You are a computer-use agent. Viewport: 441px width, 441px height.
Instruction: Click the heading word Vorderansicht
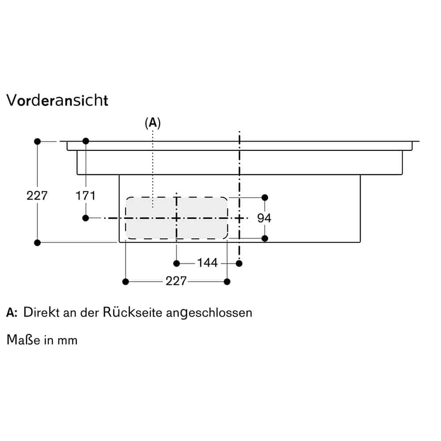tap(57, 100)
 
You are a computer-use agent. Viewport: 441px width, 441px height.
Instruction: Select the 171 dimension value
tap(86, 195)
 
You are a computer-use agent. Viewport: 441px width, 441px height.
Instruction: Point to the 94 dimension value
tap(265, 218)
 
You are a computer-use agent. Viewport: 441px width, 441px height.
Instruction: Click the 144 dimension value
tap(207, 263)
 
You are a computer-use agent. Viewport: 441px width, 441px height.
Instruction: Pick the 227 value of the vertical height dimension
tap(37, 195)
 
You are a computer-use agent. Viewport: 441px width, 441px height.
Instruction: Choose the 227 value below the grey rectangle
tap(176, 281)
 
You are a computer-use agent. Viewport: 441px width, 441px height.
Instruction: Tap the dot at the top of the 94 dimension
tap(265, 197)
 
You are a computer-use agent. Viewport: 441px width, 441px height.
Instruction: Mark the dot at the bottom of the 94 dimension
tap(265, 239)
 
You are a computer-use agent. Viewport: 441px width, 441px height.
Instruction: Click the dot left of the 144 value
tap(176, 263)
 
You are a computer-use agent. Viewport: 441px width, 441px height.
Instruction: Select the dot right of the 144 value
tap(239, 263)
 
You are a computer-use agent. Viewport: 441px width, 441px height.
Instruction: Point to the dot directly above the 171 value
tap(86, 141)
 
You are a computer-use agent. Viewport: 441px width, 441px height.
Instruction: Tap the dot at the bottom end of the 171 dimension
tap(86, 218)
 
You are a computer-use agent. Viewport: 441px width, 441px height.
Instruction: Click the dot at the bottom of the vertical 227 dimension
tap(37, 243)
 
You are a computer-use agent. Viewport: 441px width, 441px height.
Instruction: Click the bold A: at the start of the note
tap(12, 313)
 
